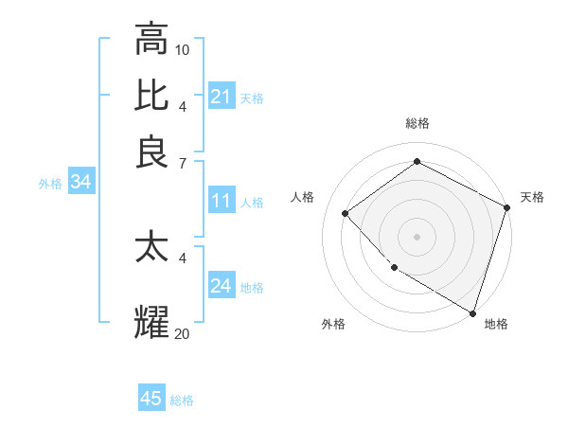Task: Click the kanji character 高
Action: (152, 40)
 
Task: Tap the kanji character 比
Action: (152, 95)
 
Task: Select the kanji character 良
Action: (152, 151)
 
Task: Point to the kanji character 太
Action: (152, 247)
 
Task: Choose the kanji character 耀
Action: (152, 321)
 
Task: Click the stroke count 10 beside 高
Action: (183, 49)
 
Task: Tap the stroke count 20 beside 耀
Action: (183, 332)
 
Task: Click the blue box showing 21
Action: (222, 96)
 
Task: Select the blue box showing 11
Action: (222, 201)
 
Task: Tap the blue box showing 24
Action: (222, 286)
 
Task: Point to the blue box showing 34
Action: (80, 183)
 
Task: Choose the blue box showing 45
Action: (151, 399)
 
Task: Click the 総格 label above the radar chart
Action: (417, 123)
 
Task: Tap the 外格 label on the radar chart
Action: (333, 324)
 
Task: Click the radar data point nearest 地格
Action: (472, 311)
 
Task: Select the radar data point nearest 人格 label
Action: (346, 214)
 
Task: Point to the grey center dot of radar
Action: (417, 237)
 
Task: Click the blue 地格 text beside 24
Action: (252, 288)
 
